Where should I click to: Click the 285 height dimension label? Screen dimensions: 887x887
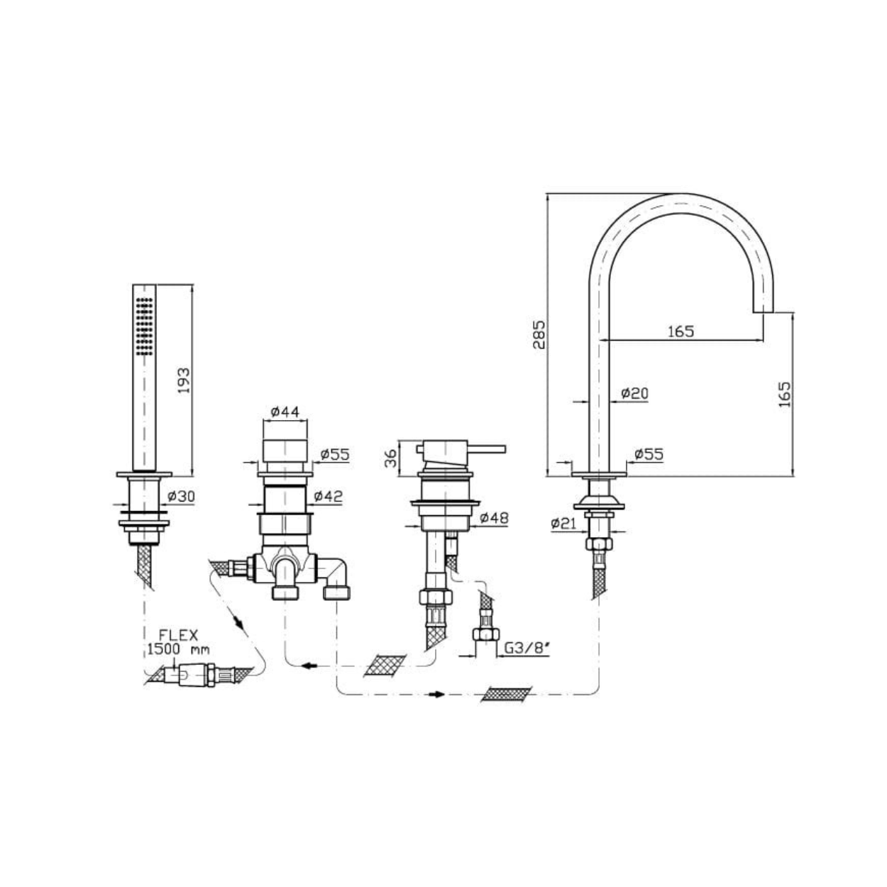539,334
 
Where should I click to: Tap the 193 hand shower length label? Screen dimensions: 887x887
183,380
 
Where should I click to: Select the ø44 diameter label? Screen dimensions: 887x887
285,411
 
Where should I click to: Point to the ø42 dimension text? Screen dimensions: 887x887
329,496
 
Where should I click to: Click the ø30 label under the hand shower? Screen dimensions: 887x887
182,496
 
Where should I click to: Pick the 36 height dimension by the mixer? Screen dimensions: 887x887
390,458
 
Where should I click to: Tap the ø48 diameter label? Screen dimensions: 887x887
495,518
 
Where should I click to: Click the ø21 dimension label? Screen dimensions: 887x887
564,523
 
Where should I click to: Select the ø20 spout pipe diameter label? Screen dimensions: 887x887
634,393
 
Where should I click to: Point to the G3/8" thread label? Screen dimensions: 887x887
527,648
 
